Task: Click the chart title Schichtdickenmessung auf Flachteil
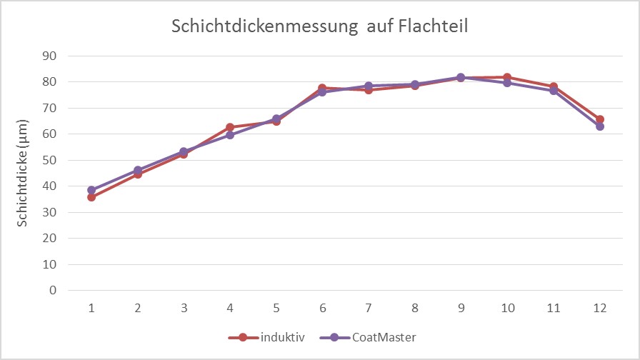pos(319,27)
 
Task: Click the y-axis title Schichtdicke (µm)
pos(23,173)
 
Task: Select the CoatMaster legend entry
pos(383,337)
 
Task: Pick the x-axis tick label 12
pos(599,307)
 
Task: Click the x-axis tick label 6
pos(322,307)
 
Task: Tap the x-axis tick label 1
pos(91,307)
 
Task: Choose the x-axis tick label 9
pos(461,307)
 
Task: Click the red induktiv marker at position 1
pos(91,197)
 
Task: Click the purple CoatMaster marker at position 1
pos(91,190)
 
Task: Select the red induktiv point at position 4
pos(230,127)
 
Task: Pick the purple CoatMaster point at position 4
pos(230,135)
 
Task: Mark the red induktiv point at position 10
pos(507,77)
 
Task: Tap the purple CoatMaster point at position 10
pos(507,83)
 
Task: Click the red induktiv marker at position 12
pos(600,119)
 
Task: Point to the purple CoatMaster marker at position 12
pos(600,126)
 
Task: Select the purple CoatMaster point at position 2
pos(138,170)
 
